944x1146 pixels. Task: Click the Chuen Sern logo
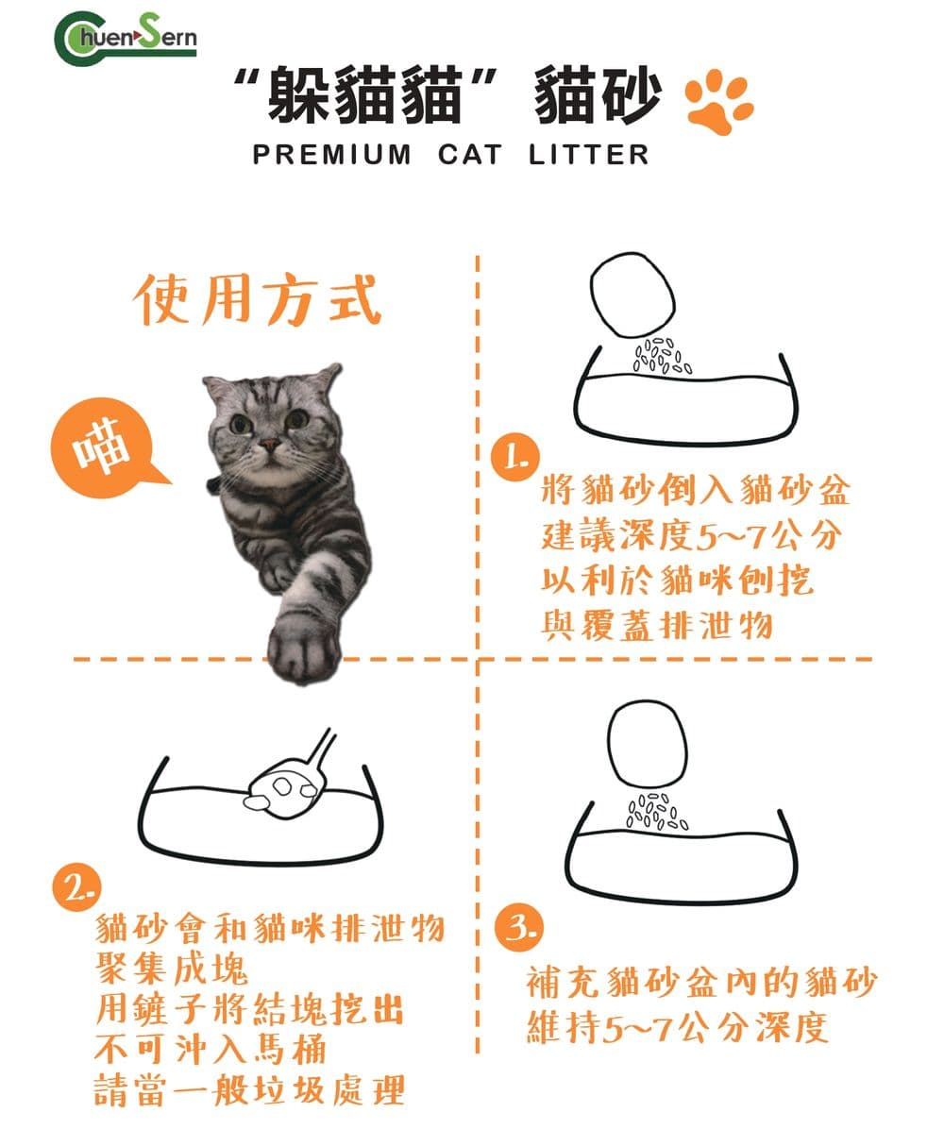point(126,39)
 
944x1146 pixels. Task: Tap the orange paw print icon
point(719,102)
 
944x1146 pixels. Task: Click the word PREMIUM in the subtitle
point(331,155)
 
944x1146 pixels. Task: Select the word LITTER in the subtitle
point(588,155)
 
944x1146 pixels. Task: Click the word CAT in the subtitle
point(470,155)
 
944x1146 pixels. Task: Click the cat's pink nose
point(269,444)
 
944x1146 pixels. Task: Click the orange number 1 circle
point(514,457)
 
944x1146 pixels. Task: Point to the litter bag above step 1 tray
point(632,295)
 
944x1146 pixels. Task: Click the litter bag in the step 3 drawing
point(649,744)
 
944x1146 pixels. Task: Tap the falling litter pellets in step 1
point(663,356)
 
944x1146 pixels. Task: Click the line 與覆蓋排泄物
point(657,625)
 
